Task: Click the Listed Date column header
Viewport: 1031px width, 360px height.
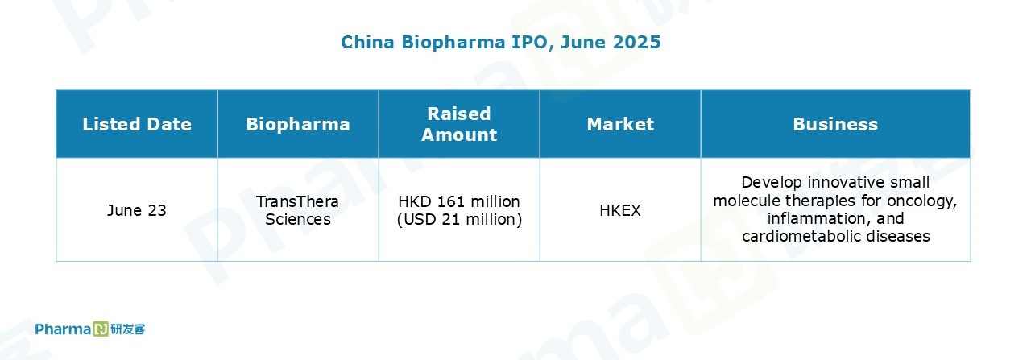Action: pyautogui.click(x=137, y=124)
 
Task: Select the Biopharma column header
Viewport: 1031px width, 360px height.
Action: pyautogui.click(x=298, y=124)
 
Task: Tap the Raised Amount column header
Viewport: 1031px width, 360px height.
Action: pyautogui.click(x=459, y=124)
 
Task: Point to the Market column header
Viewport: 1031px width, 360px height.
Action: pyautogui.click(x=620, y=124)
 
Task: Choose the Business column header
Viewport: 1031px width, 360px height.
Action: pyautogui.click(x=835, y=124)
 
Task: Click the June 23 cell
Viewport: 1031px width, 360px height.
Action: pyautogui.click(x=137, y=210)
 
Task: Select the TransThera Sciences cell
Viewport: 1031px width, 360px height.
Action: pyautogui.click(x=298, y=210)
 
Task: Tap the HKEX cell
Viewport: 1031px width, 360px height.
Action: pyautogui.click(x=620, y=210)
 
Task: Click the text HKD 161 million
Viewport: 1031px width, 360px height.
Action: pyautogui.click(x=459, y=201)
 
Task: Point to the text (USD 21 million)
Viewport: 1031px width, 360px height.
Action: pyautogui.click(x=459, y=219)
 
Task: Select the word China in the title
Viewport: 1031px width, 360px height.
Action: pyautogui.click(x=367, y=43)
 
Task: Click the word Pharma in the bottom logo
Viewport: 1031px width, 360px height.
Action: pyautogui.click(x=63, y=329)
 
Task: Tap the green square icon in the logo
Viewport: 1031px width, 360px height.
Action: pyautogui.click(x=101, y=329)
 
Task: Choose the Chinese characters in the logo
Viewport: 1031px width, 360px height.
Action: pyautogui.click(x=127, y=329)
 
